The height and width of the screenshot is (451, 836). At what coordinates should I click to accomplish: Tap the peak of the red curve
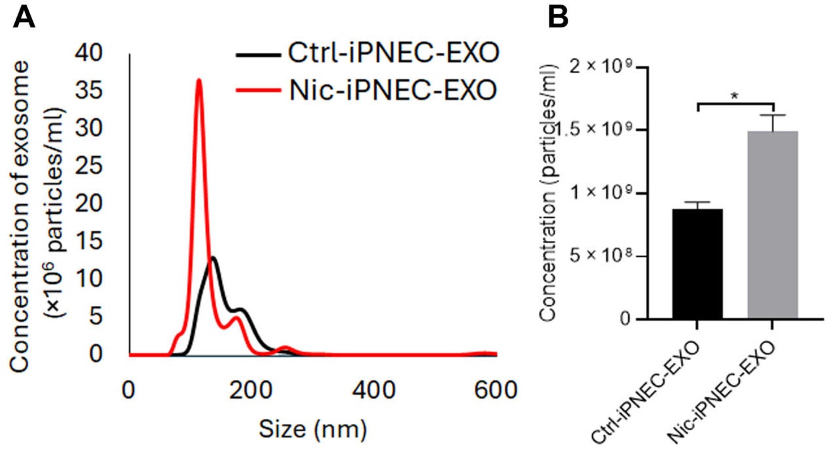click(x=199, y=80)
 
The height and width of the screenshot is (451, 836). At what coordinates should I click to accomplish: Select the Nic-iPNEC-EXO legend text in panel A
click(x=389, y=90)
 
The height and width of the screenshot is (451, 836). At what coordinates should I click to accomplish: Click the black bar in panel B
click(x=698, y=265)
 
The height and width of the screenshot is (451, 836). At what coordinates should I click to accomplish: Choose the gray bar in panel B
click(x=773, y=225)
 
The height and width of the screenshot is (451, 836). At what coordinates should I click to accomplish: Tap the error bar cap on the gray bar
click(x=773, y=115)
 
